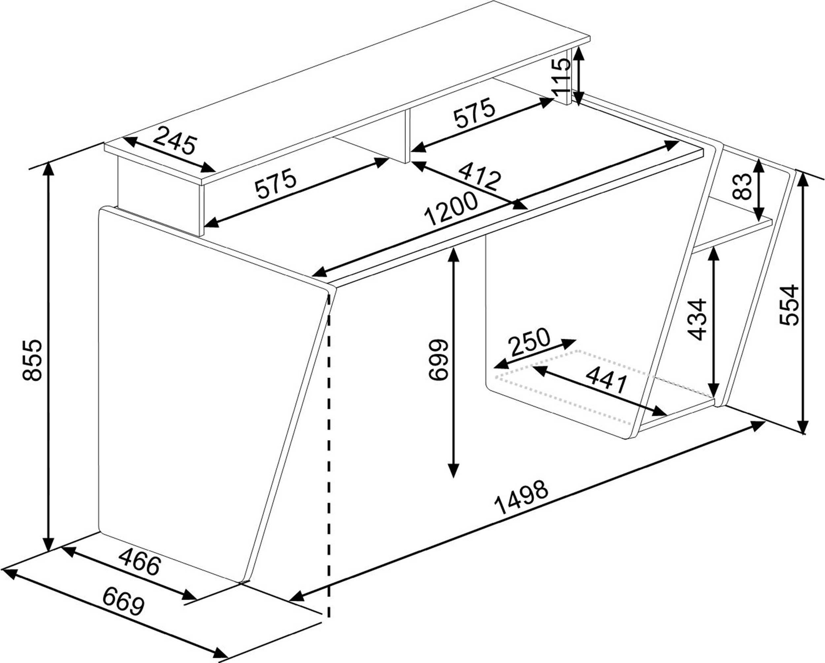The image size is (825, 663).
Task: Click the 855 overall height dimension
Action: click(x=32, y=360)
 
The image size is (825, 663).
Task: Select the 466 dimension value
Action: click(x=139, y=562)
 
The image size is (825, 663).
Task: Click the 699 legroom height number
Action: click(x=437, y=360)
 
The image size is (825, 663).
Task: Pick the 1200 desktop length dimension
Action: click(x=451, y=209)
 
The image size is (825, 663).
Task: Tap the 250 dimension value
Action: click(x=530, y=342)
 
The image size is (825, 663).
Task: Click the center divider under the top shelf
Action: click(x=407, y=136)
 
